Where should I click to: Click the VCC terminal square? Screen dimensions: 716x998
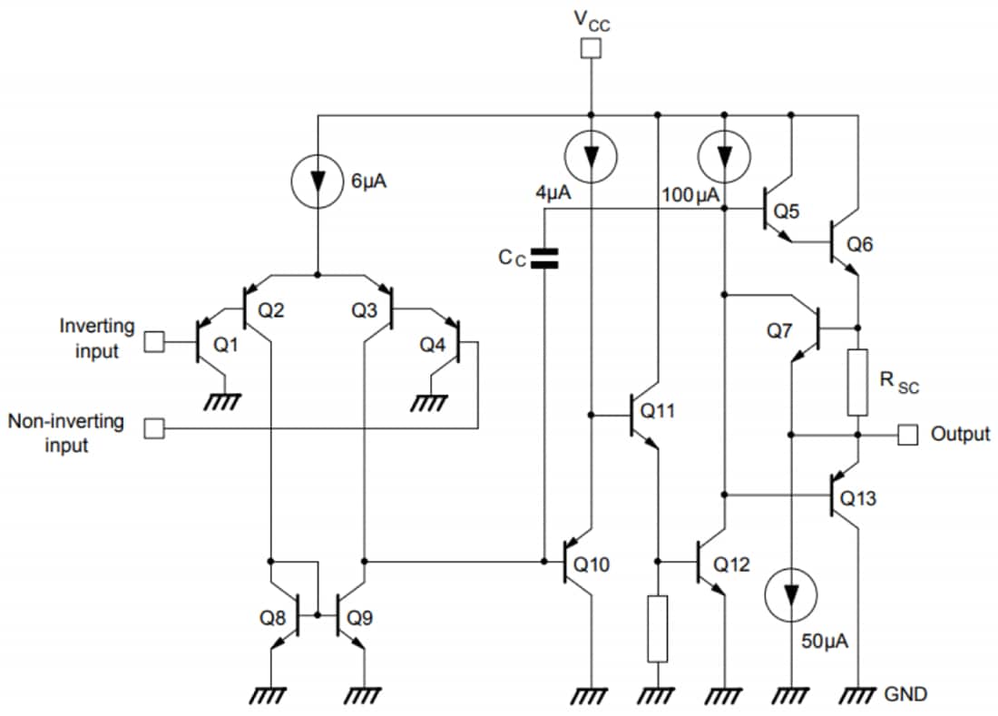coord(591,49)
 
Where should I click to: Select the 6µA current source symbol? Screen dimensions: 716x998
coord(317,180)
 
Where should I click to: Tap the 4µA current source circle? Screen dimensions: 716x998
coord(591,157)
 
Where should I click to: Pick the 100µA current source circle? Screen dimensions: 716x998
coord(725,157)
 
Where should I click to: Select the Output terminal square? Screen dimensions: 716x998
coord(907,435)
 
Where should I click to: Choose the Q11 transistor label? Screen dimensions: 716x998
coord(658,410)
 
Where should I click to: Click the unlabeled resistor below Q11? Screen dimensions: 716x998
coord(658,628)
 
